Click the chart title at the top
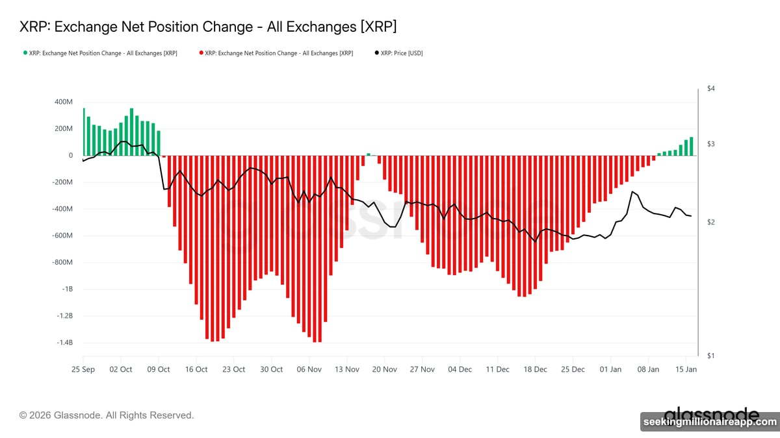[208, 27]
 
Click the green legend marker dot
[25, 53]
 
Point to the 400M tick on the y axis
[64, 102]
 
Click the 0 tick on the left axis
[70, 156]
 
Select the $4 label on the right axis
[711, 88]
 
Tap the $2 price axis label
[711, 223]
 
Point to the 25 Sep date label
[83, 369]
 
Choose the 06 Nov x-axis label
[309, 369]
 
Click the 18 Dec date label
[536, 369]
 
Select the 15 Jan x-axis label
[686, 369]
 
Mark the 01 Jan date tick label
[611, 369]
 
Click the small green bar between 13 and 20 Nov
[369, 154]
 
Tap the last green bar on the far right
[692, 147]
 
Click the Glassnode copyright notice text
[107, 415]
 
